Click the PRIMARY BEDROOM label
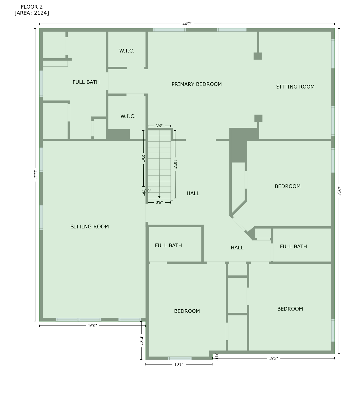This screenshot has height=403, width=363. tap(196, 84)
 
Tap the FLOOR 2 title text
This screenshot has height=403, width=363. tap(32, 7)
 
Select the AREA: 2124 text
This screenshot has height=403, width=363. tap(32, 13)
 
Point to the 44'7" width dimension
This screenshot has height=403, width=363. tap(187, 24)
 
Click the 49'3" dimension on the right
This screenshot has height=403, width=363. tap(339, 191)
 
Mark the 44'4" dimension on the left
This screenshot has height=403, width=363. tap(35, 174)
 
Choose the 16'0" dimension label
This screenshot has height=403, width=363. tap(92, 326)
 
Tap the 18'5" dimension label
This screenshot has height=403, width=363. tap(273, 358)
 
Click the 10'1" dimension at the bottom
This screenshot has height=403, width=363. tap(179, 364)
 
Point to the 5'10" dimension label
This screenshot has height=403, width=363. tap(141, 340)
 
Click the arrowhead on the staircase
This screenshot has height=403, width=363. tap(159, 197)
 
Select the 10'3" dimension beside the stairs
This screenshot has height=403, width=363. tap(175, 164)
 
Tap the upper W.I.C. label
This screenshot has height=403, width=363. tap(127, 51)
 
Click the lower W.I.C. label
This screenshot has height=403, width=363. tap(128, 116)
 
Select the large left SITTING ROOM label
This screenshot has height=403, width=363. tap(90, 227)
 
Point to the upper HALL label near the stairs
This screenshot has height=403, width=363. tap(193, 193)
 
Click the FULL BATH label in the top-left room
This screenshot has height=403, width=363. tap(86, 82)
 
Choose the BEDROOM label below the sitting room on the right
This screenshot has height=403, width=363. tap(288, 186)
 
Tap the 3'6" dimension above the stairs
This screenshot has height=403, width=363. tap(159, 126)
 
